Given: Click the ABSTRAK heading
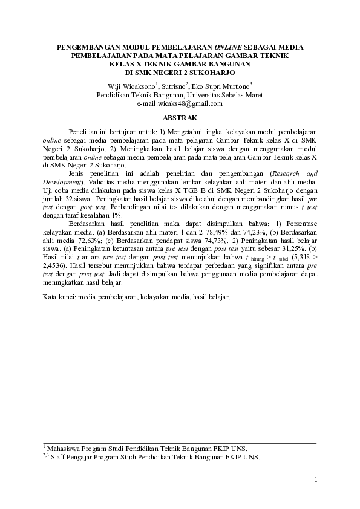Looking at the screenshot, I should [x=180, y=117].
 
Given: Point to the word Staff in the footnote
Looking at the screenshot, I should [x=61, y=457].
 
